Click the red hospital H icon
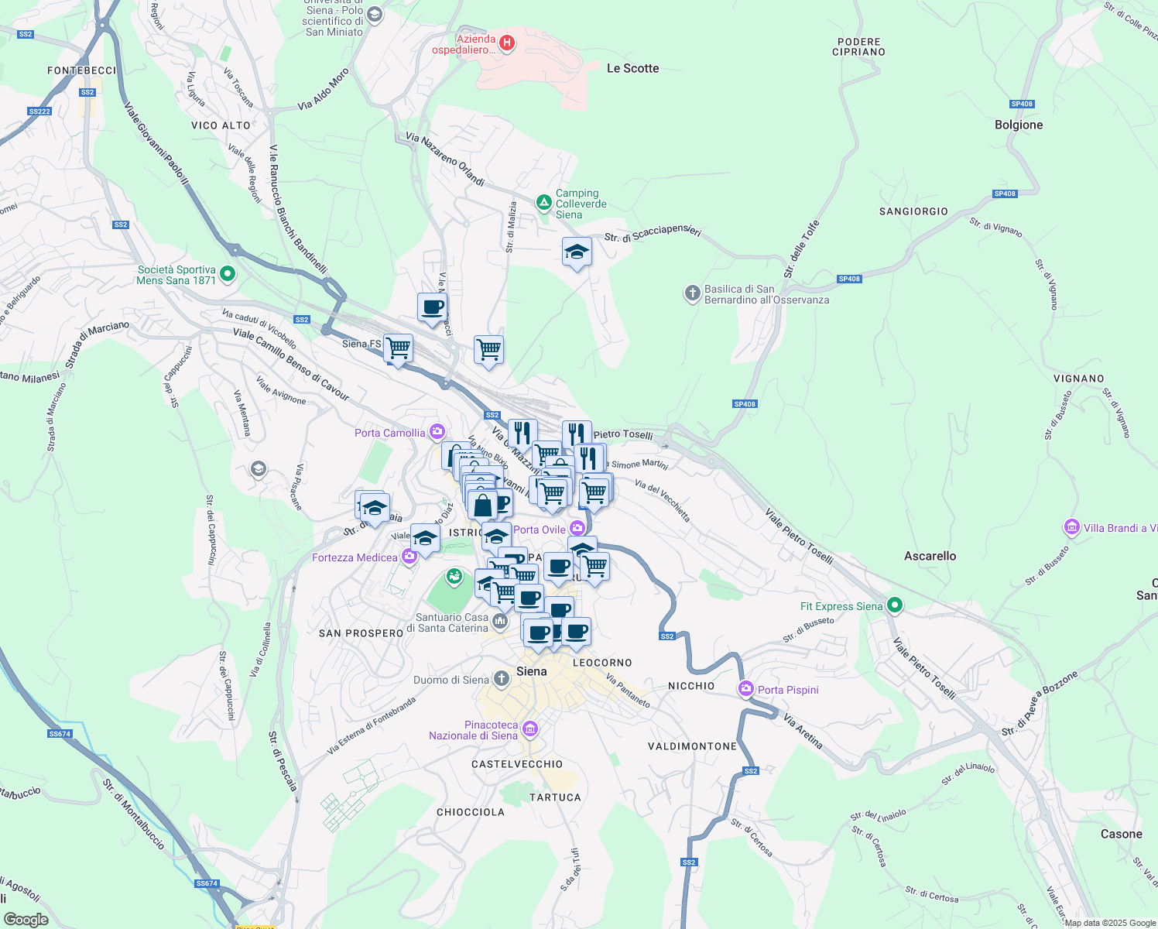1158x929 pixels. tap(507, 43)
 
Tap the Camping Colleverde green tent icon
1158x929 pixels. tap(544, 203)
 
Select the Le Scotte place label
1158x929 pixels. tap(632, 68)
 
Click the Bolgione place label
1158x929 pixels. tap(1018, 125)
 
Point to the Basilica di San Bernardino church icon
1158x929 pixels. tap(692, 293)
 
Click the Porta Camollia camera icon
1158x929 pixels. tap(437, 432)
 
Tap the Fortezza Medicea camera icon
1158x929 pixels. tap(409, 557)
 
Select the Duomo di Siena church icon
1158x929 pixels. tap(502, 680)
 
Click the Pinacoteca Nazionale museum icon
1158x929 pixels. tap(530, 728)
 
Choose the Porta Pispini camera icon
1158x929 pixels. tap(746, 688)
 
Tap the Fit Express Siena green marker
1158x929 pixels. tap(895, 605)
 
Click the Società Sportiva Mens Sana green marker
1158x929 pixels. tap(228, 273)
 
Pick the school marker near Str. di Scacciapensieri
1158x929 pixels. tap(577, 252)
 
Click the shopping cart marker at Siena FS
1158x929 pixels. tap(398, 349)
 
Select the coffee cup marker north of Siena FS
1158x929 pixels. tap(432, 307)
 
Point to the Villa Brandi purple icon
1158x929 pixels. tap(1072, 528)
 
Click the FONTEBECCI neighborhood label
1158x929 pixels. tap(81, 70)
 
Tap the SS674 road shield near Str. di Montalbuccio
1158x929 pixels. tap(60, 734)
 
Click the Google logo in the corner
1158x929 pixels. tap(26, 919)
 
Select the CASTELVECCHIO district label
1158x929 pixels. tap(517, 764)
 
